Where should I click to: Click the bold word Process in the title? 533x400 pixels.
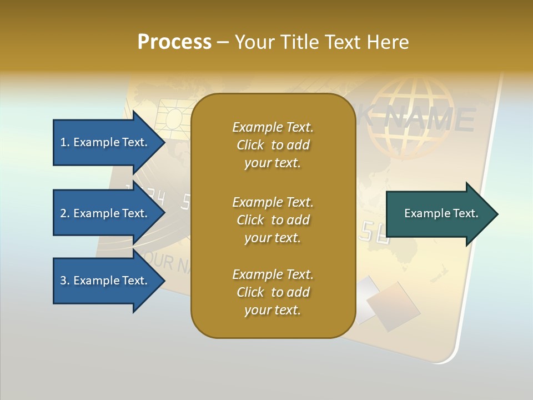coord(174,42)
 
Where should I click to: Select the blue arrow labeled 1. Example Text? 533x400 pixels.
coord(105,142)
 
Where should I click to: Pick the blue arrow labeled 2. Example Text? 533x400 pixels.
coord(105,213)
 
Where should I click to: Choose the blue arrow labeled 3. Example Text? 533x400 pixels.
coord(105,281)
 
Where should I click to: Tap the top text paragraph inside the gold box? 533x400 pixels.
coord(273,145)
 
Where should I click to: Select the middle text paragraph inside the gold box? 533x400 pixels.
coord(273,220)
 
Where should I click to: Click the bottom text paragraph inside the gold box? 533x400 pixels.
coord(273,292)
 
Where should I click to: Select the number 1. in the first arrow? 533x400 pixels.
coord(64,142)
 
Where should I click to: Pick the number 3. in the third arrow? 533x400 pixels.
coord(64,281)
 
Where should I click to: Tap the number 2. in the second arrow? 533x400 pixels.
coord(64,213)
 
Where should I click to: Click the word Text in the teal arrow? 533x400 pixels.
coord(465,213)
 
